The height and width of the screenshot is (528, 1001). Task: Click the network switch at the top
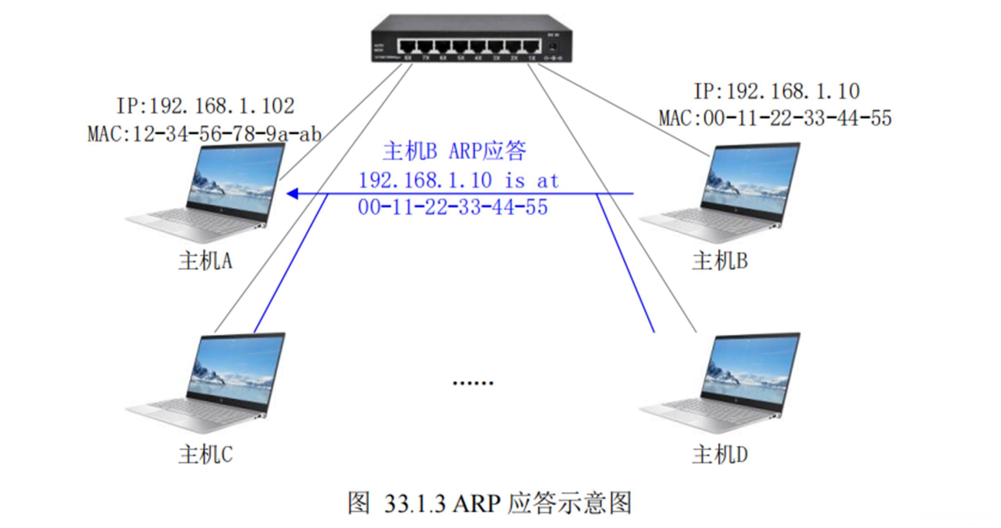pos(472,39)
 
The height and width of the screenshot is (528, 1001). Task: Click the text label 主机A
pos(205,261)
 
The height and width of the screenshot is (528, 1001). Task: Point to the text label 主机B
pos(720,261)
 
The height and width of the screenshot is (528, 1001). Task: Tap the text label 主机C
pos(205,454)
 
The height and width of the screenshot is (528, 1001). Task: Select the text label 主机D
pos(720,454)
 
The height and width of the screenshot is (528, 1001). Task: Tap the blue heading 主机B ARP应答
pos(454,151)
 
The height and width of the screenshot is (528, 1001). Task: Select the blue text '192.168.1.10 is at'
pos(458,181)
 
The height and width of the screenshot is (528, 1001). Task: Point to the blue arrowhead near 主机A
pos(293,194)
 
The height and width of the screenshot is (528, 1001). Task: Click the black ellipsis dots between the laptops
pos(473,383)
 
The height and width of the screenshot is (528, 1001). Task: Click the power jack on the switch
pos(552,48)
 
